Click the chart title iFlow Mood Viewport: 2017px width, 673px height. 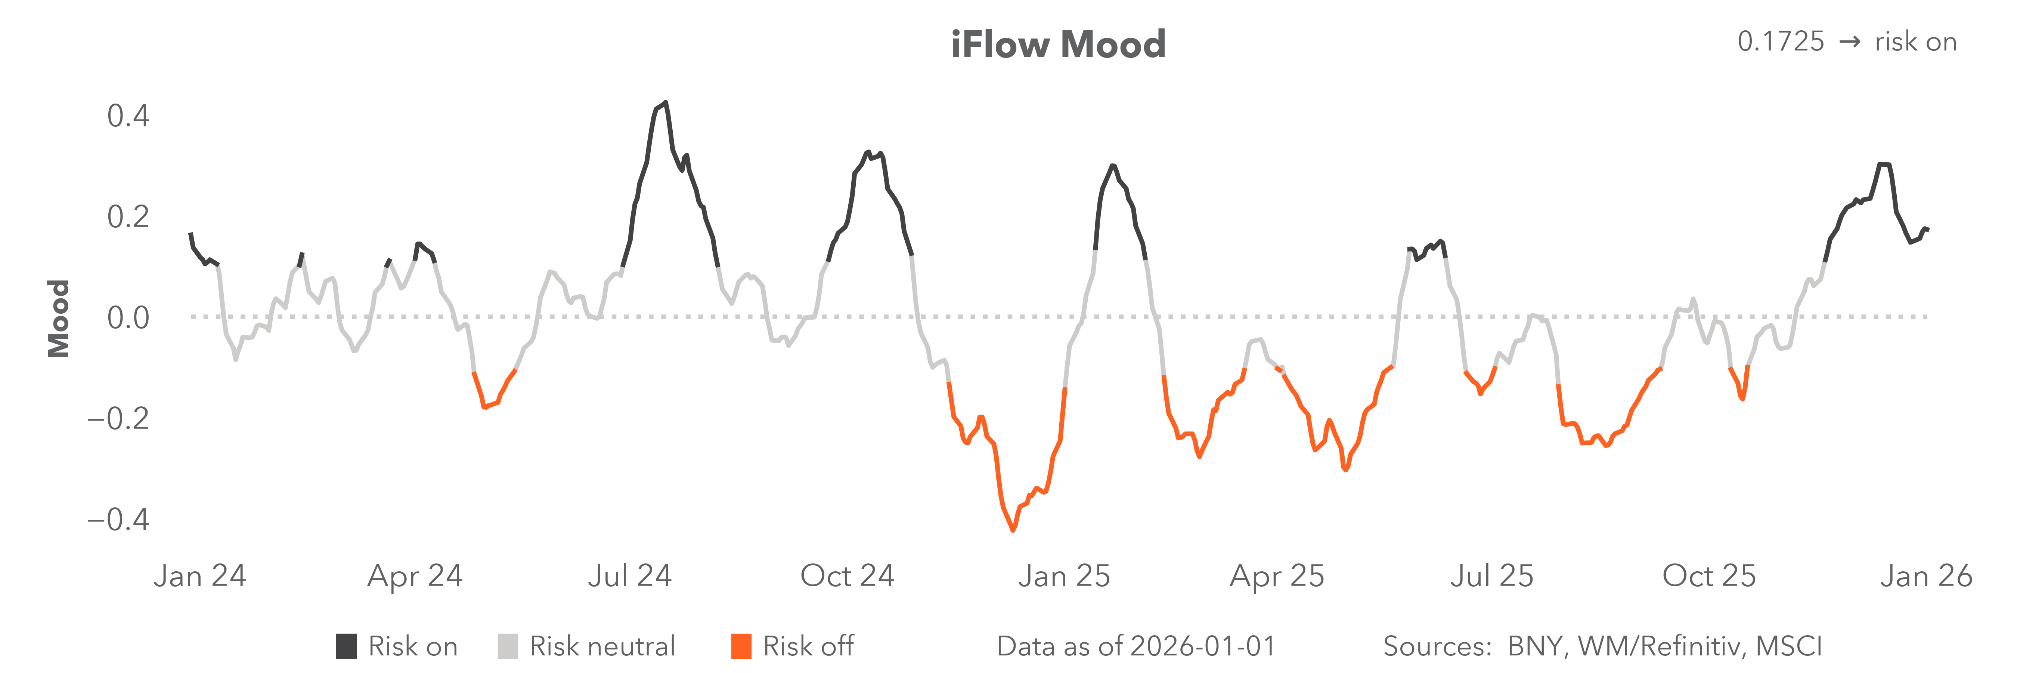pos(1058,44)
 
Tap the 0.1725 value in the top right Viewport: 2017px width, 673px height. pos(1781,42)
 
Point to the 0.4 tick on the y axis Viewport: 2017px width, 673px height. pos(128,116)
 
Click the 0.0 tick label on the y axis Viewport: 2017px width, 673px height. pos(128,317)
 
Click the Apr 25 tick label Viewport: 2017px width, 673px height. pos(1277,576)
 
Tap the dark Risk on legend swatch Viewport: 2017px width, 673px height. pos(346,646)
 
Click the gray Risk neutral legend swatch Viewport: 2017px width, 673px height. pos(507,646)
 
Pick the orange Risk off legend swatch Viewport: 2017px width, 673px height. pos(741,646)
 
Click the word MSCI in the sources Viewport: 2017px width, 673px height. pos(1788,646)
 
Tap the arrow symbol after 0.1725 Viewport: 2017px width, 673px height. pos(1849,42)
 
